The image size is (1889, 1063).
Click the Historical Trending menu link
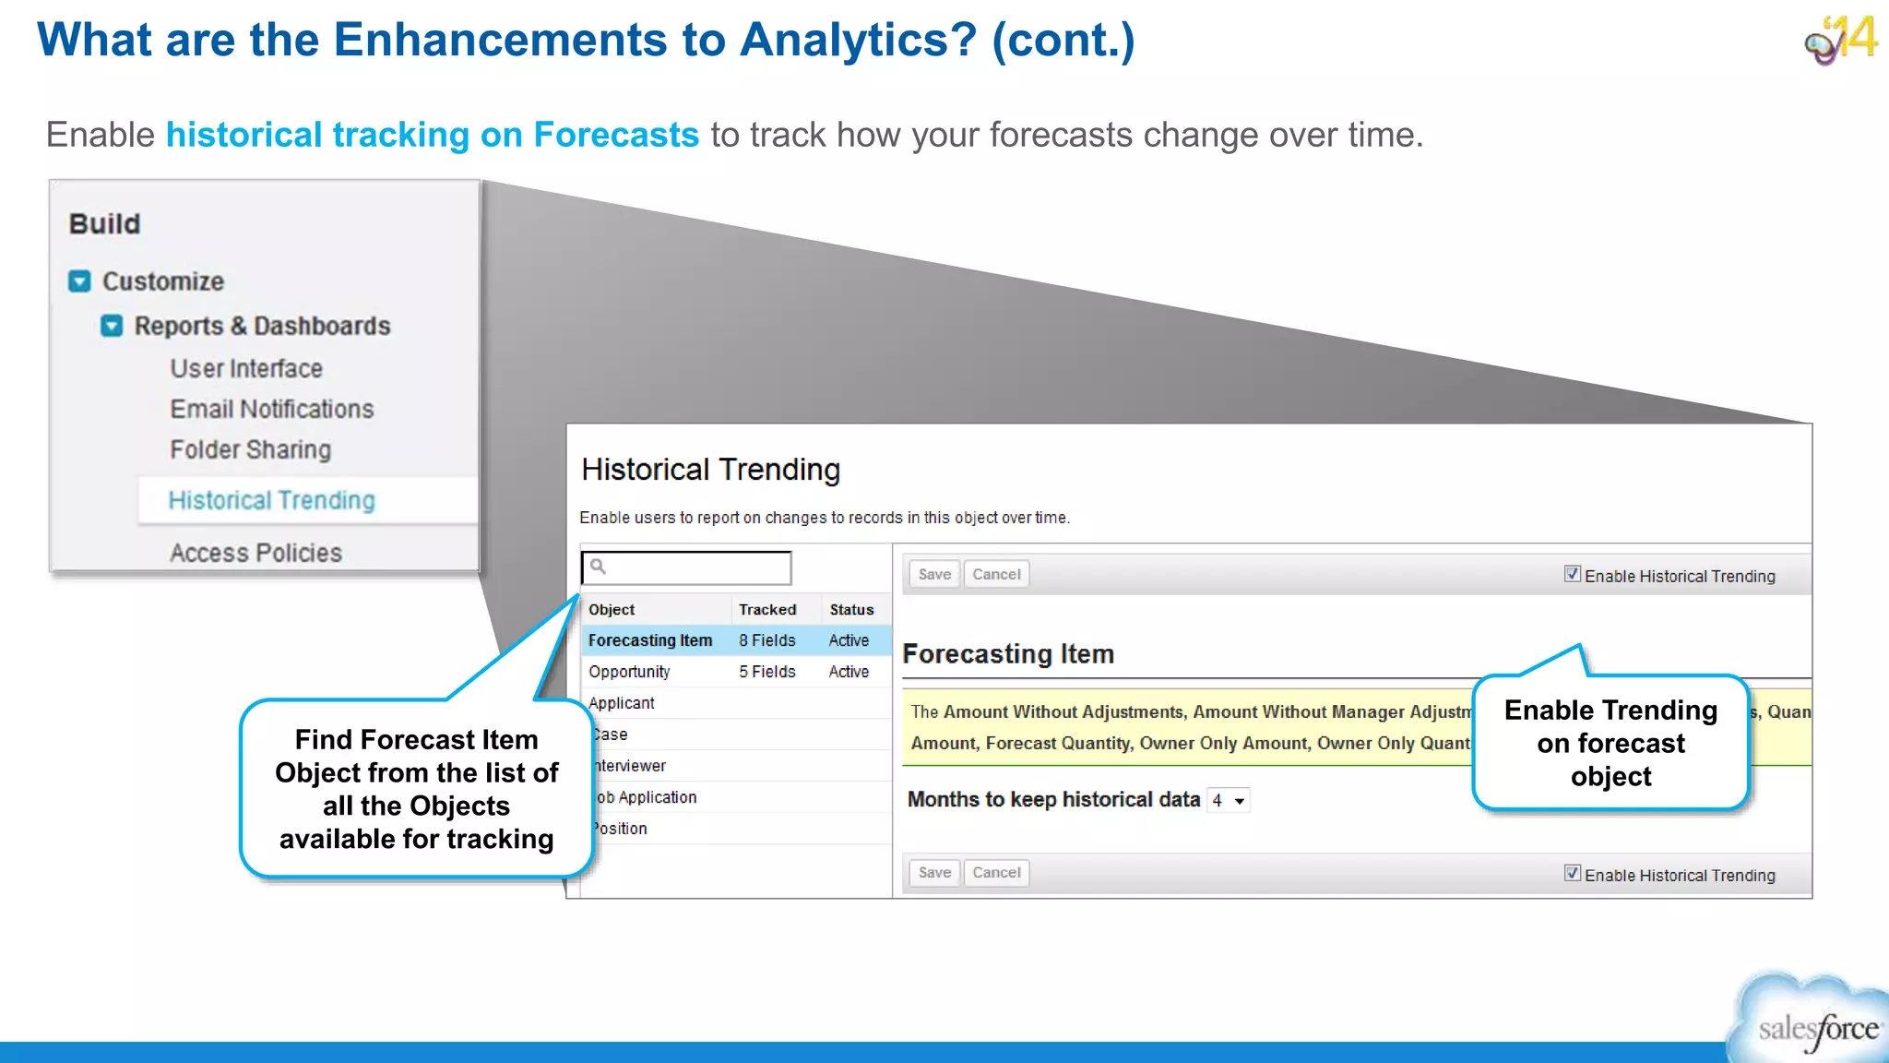271,500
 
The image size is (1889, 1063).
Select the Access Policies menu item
255,553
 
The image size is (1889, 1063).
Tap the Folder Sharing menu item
250,449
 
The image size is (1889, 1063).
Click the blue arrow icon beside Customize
80,281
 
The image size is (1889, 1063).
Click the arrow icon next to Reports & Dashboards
112,326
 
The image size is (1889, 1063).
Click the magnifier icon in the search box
598,567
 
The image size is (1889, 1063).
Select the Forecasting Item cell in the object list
650,640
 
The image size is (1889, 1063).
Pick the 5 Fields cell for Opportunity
766,672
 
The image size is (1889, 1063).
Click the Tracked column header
766,610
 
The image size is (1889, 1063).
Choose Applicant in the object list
622,703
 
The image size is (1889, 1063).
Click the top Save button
933,574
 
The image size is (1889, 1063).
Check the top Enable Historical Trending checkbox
1573,574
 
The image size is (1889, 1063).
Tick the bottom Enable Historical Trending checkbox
1573,873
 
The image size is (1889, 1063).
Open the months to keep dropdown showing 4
1229,801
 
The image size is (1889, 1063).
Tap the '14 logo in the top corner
1841,40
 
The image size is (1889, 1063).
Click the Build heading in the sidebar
105,224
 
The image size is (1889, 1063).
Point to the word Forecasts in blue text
616,135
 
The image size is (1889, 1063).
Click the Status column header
850,610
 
